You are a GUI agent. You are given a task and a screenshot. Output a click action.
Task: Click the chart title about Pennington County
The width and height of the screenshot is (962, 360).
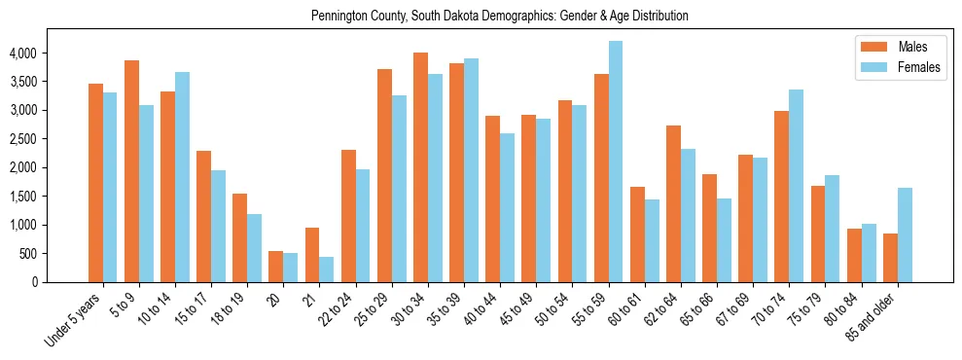pos(499,17)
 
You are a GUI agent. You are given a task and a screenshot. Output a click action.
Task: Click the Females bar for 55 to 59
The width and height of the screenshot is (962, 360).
pos(616,162)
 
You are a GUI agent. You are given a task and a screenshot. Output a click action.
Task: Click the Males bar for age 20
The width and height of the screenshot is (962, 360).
pos(275,267)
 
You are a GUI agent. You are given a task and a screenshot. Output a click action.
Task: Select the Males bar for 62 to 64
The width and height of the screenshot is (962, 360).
pos(673,203)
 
